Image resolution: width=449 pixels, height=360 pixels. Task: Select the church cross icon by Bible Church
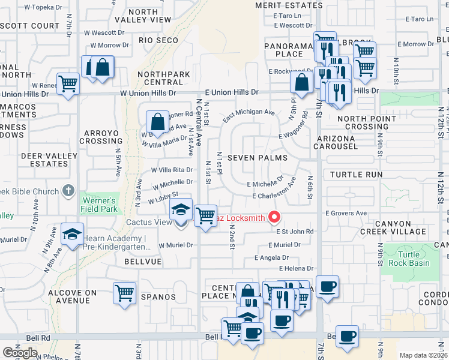coord(68,191)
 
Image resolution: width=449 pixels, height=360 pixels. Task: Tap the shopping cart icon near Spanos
coord(124,293)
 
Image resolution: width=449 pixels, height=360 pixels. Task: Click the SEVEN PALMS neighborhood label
coord(257,158)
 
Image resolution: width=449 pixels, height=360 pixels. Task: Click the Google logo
coord(20,352)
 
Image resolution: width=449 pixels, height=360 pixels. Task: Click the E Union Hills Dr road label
coord(231,92)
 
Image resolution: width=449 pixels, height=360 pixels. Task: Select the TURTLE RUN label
coord(357,175)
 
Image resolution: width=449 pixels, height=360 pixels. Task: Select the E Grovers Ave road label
coord(346,213)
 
